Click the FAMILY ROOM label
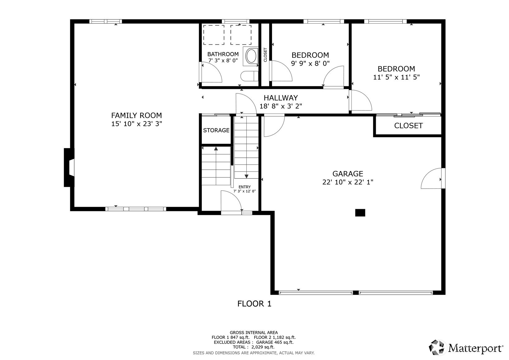click(x=136, y=115)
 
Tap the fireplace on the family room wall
click(x=69, y=167)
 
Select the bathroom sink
click(x=251, y=56)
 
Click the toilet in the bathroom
click(x=249, y=76)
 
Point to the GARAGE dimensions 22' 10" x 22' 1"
click(x=348, y=182)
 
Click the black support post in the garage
click(x=360, y=213)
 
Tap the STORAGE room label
click(x=216, y=130)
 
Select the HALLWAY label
click(x=281, y=98)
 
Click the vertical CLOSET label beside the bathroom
click(x=265, y=54)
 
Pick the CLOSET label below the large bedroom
click(x=408, y=126)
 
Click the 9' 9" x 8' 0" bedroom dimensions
click(x=310, y=63)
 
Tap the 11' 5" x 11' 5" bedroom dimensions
click(x=396, y=77)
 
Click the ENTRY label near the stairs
click(x=244, y=187)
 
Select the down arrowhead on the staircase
click(x=246, y=176)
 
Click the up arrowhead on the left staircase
click(x=216, y=149)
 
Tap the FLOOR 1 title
click(x=254, y=304)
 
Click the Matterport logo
click(x=466, y=348)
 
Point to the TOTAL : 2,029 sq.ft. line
click(x=253, y=347)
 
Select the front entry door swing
click(x=231, y=201)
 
